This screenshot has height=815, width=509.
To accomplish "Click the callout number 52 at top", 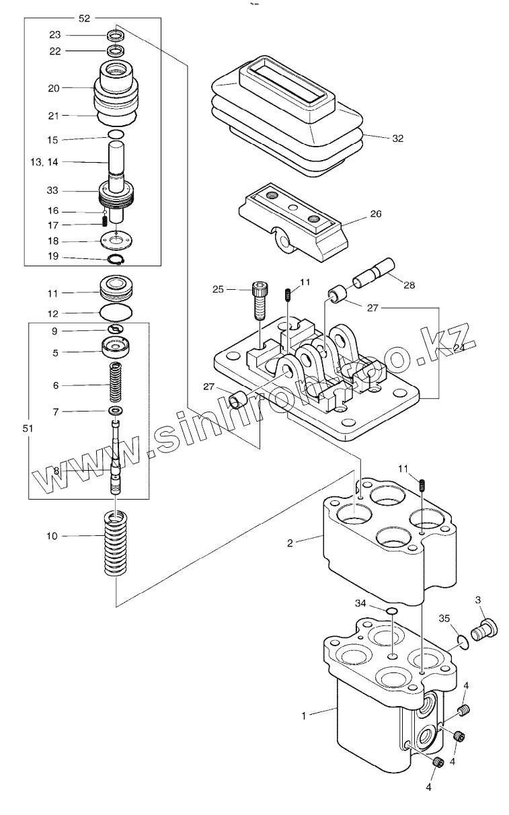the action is (84, 18).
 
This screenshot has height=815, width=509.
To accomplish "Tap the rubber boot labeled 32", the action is (287, 116).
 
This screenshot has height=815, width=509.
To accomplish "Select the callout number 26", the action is (376, 214).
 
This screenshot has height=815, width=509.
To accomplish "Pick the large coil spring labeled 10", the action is (116, 543).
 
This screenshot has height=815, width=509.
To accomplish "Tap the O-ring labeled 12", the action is (116, 313).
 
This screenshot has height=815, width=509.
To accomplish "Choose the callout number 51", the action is (28, 428).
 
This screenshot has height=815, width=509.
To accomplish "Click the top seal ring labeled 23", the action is (116, 36).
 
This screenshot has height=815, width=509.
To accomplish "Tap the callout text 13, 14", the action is (44, 162).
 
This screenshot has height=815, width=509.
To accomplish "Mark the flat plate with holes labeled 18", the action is (117, 241).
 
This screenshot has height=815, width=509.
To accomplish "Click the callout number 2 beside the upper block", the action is (290, 543).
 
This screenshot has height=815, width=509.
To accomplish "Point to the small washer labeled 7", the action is (116, 411).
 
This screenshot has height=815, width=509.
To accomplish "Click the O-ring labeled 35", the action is (463, 643).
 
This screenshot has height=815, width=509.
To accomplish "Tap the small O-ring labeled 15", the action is (116, 134).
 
